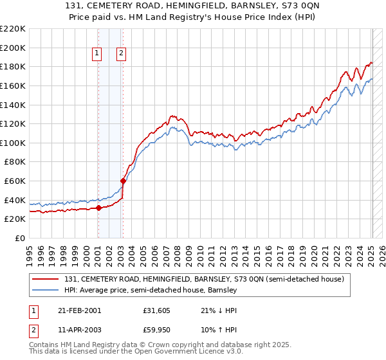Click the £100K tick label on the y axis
click(13, 143)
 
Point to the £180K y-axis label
click(13, 66)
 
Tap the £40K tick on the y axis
click(15, 200)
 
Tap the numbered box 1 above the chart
click(97, 54)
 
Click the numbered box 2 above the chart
click(121, 54)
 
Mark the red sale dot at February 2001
click(98, 208)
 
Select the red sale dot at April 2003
click(123, 181)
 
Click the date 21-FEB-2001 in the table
click(79, 310)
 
